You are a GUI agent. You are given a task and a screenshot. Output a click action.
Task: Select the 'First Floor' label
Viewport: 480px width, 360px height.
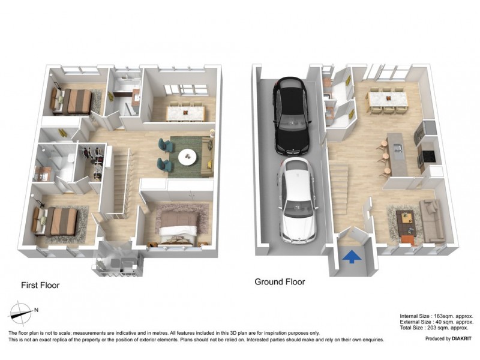pos(40,285)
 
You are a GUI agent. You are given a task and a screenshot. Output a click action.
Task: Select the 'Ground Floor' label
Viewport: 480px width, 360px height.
pos(280,281)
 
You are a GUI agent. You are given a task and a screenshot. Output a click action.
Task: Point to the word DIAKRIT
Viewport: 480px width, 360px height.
pos(457,339)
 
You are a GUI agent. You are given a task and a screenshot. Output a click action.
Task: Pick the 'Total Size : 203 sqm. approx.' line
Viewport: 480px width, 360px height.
pos(437,328)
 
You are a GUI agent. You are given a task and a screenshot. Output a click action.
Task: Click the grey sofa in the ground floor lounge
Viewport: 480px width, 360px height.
pos(431,219)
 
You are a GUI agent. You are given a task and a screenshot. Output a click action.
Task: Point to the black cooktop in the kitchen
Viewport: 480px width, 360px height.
pos(430,155)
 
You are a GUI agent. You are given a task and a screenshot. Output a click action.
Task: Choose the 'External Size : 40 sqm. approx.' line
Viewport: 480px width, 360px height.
pos(437,322)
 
